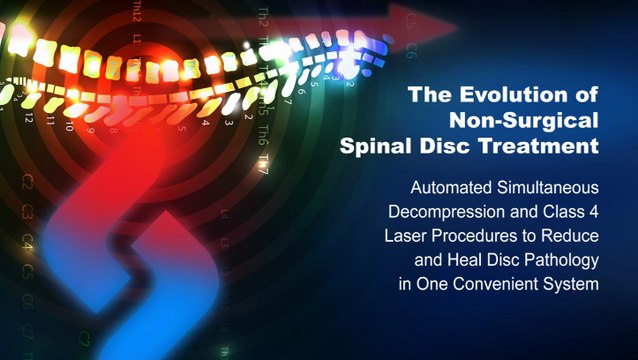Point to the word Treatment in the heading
[x=543, y=146]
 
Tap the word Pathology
[x=555, y=260]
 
